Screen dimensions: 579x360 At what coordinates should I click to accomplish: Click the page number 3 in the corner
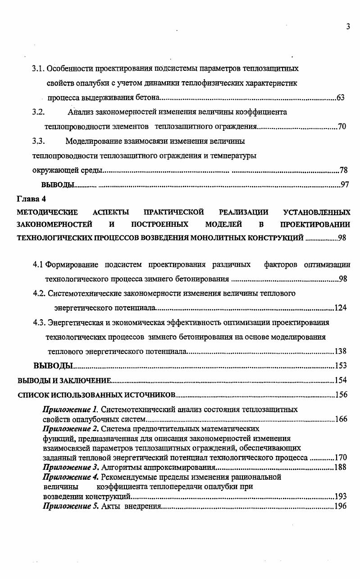tap(348, 27)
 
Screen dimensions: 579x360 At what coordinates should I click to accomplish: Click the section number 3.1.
tap(38, 69)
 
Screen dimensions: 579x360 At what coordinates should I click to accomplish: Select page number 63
tap(341, 98)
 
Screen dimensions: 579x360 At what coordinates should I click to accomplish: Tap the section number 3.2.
tap(38, 112)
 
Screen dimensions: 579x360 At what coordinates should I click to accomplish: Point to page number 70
tap(342, 127)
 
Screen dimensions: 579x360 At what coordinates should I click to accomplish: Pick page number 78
tap(343, 170)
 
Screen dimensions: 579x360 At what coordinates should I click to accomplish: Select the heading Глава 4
tap(32, 199)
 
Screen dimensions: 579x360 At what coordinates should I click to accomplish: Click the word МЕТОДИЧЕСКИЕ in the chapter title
tap(47, 212)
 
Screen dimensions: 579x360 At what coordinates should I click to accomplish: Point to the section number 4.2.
tap(39, 294)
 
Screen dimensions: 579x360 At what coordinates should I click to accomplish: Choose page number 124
tap(341, 308)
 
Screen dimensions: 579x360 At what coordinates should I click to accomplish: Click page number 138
tap(341, 351)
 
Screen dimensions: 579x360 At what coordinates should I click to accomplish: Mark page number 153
tap(341, 366)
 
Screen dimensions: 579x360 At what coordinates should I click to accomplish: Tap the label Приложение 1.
tap(70, 410)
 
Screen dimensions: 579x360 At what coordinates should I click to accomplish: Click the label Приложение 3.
tap(70, 467)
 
